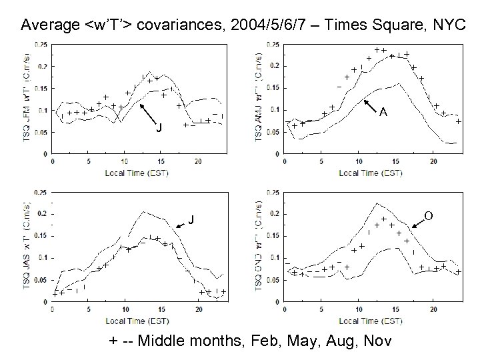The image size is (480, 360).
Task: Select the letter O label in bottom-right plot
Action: [x=429, y=215]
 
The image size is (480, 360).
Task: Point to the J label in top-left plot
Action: [x=158, y=128]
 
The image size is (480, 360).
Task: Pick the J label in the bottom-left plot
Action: [x=191, y=219]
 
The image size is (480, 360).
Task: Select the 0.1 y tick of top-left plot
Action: [x=41, y=110]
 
